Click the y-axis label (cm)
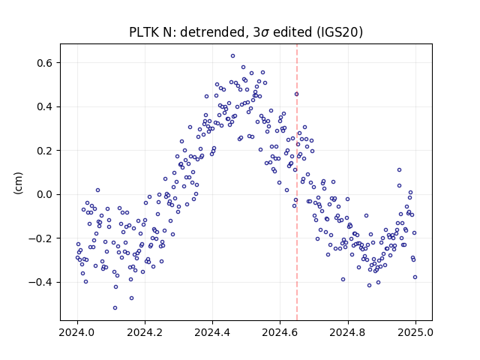pyautogui.click(x=18, y=183)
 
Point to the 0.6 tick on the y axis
pyautogui.click(x=45, y=63)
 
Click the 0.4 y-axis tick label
pyautogui.click(x=45, y=106)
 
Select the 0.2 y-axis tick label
pyautogui.click(x=45, y=151)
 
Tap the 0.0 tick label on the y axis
pyautogui.click(x=45, y=194)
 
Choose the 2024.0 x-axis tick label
pyautogui.click(x=77, y=332)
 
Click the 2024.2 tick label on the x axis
pyautogui.click(x=145, y=332)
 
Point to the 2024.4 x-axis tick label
pyautogui.click(x=212, y=332)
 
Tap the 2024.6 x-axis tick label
pyautogui.click(x=280, y=332)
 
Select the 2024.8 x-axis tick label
pyautogui.click(x=348, y=332)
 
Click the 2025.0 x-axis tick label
pyautogui.click(x=415, y=332)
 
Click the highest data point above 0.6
pyautogui.click(x=232, y=56)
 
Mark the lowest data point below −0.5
pyautogui.click(x=115, y=307)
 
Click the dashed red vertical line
pyautogui.click(x=297, y=182)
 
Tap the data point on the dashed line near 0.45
pyautogui.click(x=297, y=94)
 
